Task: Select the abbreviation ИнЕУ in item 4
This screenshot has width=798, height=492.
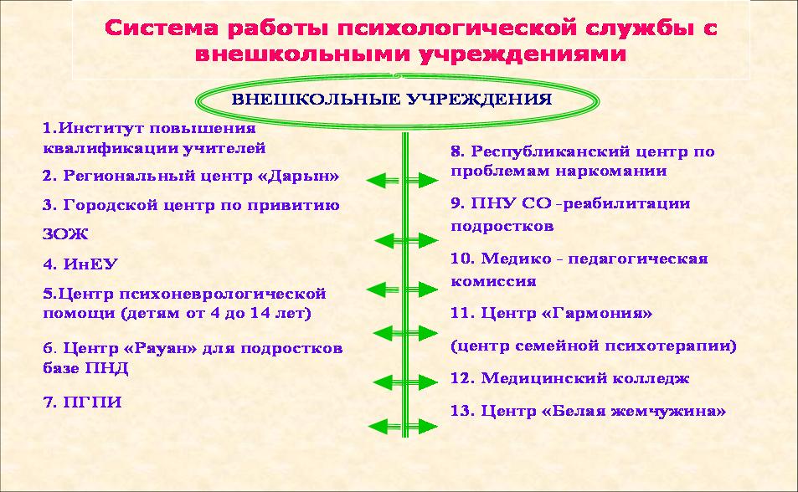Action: pyautogui.click(x=90, y=264)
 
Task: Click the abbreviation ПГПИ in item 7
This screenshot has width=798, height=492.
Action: pyautogui.click(x=93, y=402)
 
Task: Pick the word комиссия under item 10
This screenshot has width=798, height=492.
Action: pyautogui.click(x=493, y=281)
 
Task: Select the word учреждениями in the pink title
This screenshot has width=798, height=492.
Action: pyautogui.click(x=523, y=54)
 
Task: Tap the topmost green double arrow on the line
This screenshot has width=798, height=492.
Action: pyautogui.click(x=402, y=180)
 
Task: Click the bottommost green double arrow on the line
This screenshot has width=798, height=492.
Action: pyautogui.click(x=402, y=427)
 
